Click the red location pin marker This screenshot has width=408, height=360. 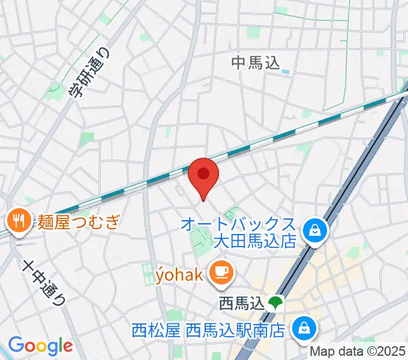203,175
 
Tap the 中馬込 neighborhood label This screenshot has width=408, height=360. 256,62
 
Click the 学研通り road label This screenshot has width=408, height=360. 90,73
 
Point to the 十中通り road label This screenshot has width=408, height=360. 44,283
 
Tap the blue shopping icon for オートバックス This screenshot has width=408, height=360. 314,229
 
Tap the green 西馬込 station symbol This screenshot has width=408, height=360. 275,303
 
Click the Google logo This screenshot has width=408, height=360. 40,346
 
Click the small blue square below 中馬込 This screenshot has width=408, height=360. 285,72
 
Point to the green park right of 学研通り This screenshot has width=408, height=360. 89,139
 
